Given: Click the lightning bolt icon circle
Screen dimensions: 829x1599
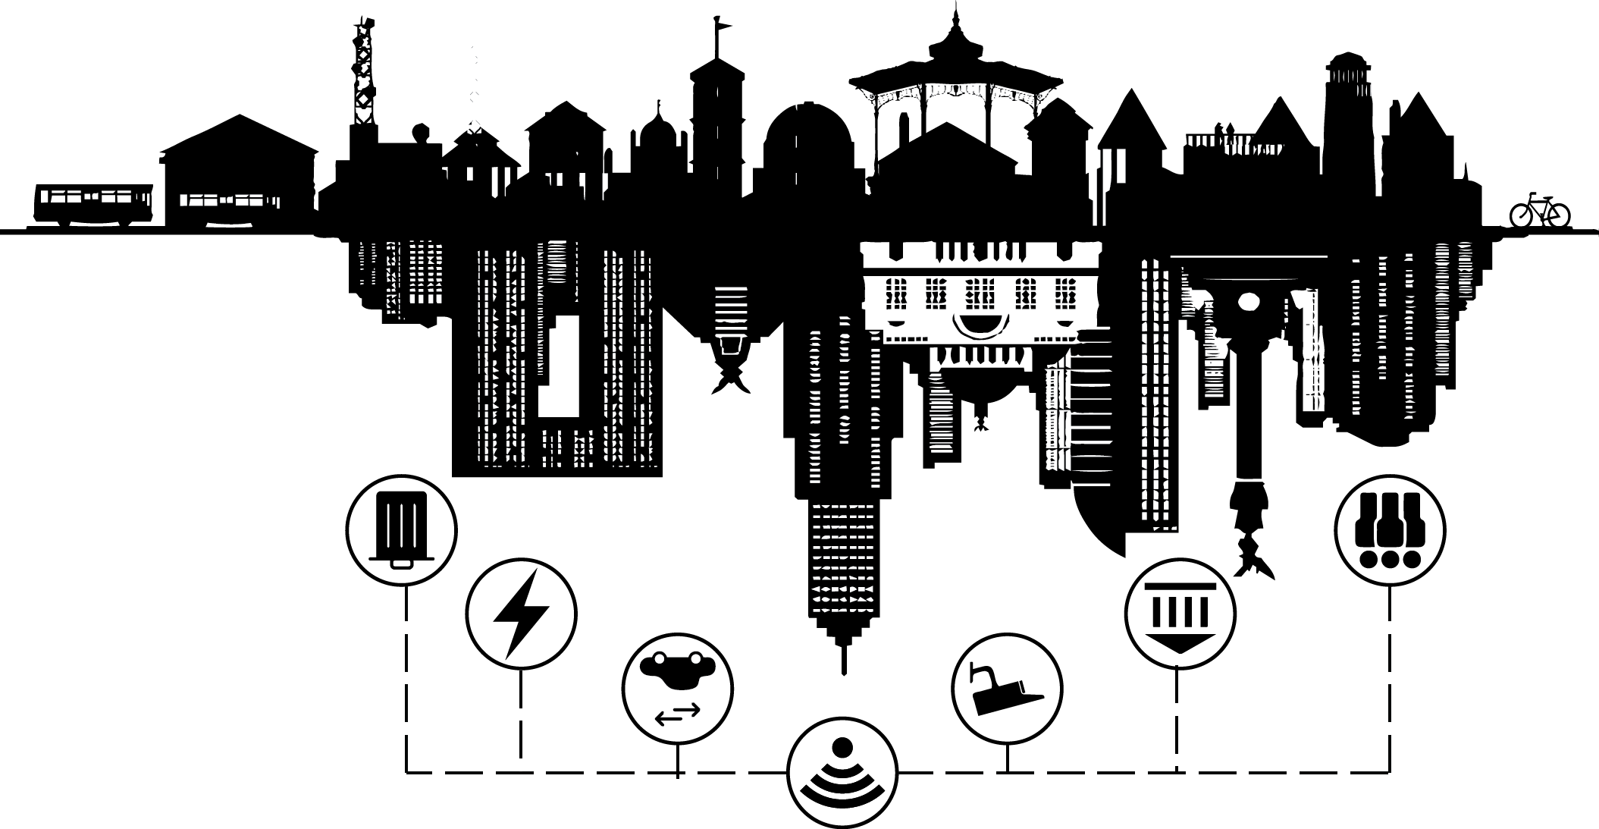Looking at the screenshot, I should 521,614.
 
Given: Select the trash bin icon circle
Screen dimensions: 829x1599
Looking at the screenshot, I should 402,529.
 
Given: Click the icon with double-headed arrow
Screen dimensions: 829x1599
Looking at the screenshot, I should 678,689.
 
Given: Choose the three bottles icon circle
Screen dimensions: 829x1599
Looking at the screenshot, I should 1390,529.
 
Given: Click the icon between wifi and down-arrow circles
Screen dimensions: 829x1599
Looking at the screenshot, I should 1007,689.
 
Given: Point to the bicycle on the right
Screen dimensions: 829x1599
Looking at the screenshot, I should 1539,210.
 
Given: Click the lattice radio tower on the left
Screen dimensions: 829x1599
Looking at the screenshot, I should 364,76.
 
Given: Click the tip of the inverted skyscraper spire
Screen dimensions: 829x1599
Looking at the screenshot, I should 843,670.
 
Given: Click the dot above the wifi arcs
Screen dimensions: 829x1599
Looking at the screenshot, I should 841,746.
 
